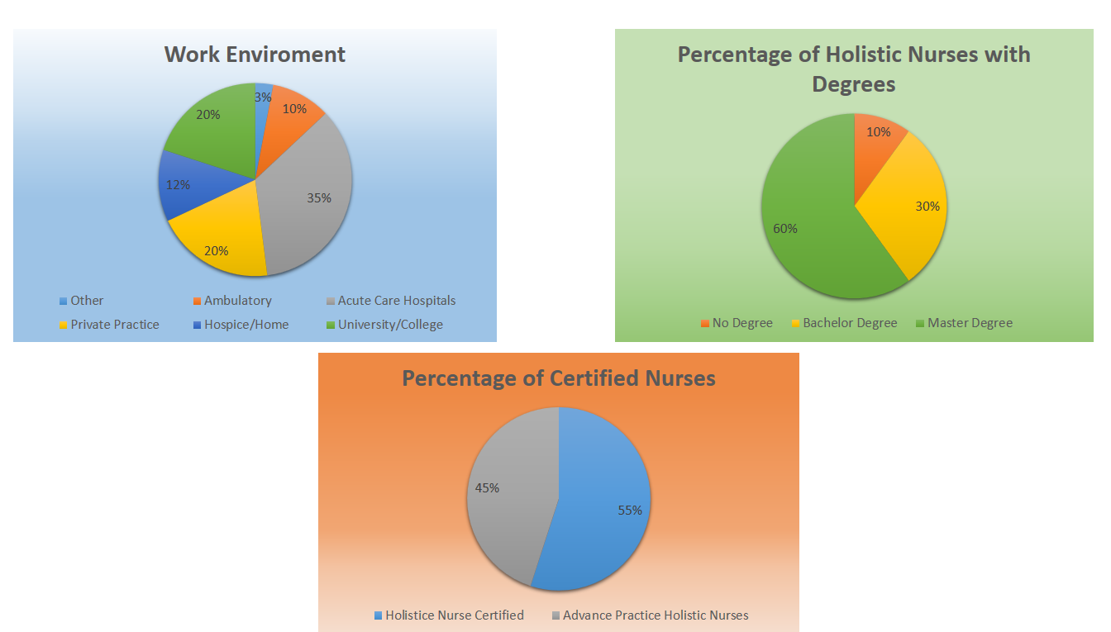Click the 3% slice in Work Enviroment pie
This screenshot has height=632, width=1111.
263,97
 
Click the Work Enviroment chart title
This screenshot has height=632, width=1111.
255,55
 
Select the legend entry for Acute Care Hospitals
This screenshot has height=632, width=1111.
396,301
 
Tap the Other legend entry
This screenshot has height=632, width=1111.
86,301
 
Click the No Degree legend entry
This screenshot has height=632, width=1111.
741,323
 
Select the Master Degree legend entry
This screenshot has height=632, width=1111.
969,323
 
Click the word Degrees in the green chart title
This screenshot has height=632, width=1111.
853,84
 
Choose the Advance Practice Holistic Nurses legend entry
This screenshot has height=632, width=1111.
655,615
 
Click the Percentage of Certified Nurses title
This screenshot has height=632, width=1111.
559,378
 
